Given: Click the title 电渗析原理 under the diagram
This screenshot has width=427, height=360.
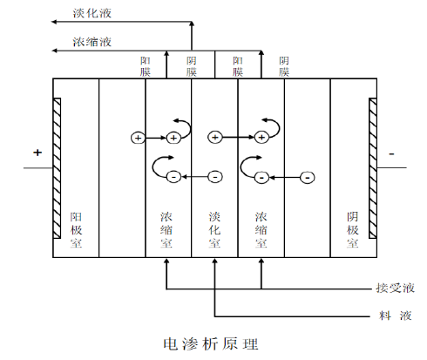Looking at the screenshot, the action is [211, 343].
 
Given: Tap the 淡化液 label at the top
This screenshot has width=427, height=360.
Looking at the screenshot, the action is [91, 13].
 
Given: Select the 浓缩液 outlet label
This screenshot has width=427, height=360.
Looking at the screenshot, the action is [91, 42].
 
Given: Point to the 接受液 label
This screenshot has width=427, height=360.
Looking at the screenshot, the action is [395, 288].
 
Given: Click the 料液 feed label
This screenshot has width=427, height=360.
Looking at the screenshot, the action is [396, 316].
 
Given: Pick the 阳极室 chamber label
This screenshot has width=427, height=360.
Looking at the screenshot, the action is [76, 230].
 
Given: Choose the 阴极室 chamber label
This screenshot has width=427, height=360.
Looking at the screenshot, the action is [353, 230].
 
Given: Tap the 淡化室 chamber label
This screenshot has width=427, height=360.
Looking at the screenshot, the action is [214, 230].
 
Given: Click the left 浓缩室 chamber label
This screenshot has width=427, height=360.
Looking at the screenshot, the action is [166, 230].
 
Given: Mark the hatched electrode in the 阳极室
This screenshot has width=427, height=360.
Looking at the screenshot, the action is [57, 168].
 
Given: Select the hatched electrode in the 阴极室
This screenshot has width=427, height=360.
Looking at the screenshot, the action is [373, 168].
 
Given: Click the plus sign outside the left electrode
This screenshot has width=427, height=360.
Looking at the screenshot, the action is [37, 153].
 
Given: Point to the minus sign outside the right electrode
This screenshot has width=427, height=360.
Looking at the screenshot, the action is [391, 154].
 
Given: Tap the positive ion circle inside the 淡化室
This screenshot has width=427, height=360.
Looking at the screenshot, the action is [215, 138].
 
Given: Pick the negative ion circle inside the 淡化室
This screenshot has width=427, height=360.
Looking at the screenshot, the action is [215, 177].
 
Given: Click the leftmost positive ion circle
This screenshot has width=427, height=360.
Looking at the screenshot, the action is [138, 138].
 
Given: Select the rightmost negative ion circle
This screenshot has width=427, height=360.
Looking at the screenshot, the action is [308, 177].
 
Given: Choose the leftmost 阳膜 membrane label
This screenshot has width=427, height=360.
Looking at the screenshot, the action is [146, 66].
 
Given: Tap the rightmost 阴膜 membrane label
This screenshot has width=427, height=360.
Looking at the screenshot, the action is [284, 66].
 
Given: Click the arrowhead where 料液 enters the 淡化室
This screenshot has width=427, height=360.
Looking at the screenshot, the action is [214, 261].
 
